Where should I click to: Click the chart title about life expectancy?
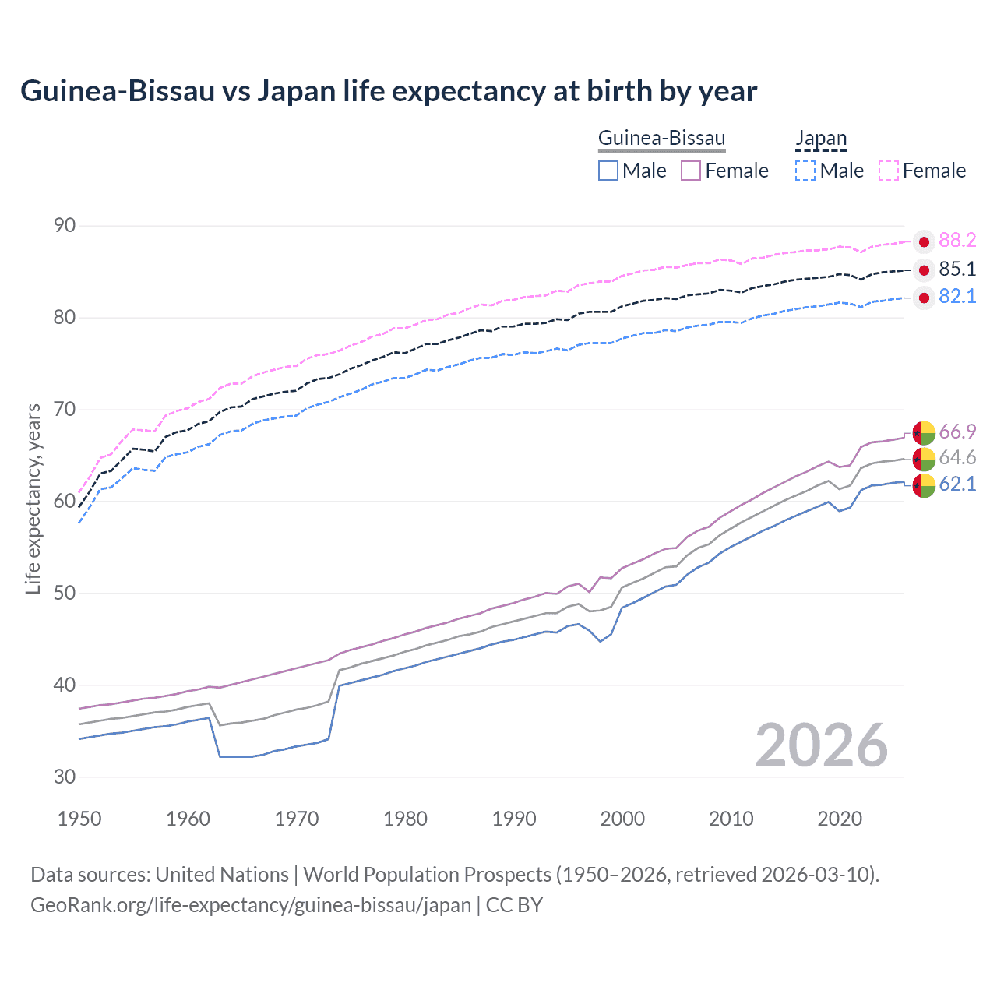[x=388, y=91]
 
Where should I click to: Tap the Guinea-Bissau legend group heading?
[x=661, y=139]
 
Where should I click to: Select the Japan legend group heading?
[x=820, y=139]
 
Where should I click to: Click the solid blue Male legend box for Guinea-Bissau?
[x=608, y=171]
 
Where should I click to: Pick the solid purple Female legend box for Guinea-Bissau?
[x=691, y=171]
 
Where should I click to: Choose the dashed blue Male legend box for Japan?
[x=805, y=171]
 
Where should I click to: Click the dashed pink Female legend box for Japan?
[x=889, y=171]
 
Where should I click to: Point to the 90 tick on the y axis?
[x=65, y=226]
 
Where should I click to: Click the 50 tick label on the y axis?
[x=65, y=594]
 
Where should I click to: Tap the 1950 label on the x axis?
[x=79, y=819]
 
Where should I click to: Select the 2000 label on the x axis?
[x=622, y=819]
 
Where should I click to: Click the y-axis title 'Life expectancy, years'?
[x=33, y=498]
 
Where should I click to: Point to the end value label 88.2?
[x=957, y=241]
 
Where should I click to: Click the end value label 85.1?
[x=957, y=270]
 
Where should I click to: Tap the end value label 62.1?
[x=957, y=484]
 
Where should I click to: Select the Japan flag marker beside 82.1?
[x=924, y=298]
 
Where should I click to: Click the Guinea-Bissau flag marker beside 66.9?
[x=924, y=432]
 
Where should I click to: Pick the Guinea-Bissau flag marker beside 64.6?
[x=924, y=459]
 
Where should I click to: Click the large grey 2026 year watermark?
[x=821, y=745]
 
